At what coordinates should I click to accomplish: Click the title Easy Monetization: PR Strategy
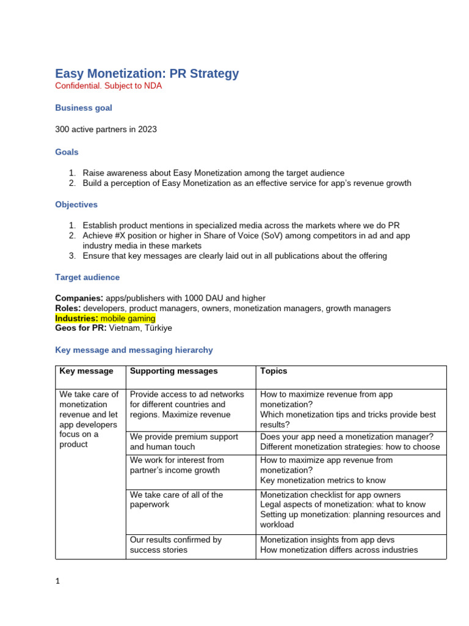[147, 73]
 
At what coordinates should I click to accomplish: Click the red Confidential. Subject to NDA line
[109, 86]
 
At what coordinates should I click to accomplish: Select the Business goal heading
[84, 108]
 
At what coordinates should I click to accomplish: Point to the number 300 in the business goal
[63, 129]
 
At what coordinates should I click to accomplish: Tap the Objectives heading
[76, 204]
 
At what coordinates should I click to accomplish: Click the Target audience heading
[87, 277]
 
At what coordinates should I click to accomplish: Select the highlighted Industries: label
[76, 319]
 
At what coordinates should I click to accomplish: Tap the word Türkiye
[159, 328]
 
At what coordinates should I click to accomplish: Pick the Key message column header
[86, 371]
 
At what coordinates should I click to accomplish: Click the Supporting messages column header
[173, 371]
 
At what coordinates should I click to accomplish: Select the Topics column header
[273, 371]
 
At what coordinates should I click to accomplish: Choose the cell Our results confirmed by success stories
[176, 545]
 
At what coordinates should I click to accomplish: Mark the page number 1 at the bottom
[57, 581]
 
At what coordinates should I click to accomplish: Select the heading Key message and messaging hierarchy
[134, 350]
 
